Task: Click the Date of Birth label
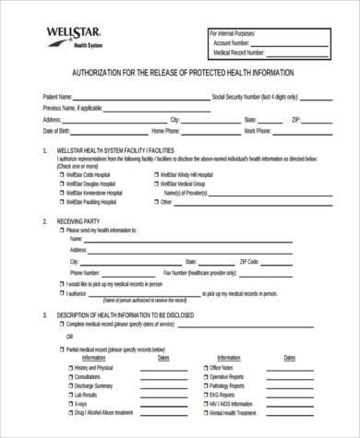[57, 131]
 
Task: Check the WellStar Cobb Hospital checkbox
[63, 174]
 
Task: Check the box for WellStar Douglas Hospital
[63, 183]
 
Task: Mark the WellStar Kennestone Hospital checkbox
[63, 192]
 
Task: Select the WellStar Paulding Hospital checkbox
[63, 201]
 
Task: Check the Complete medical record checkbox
[62, 326]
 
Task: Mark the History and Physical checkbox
[70, 368]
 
